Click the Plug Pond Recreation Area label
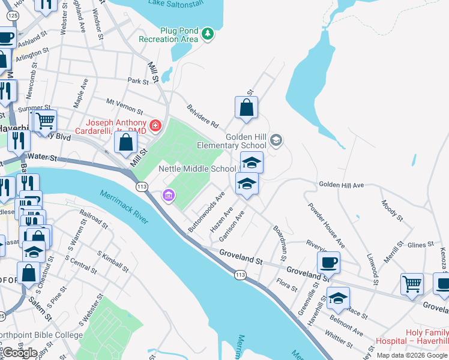(x=168, y=35)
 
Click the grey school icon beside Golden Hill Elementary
(x=276, y=141)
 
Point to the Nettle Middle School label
(x=197, y=169)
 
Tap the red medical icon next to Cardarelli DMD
(x=155, y=125)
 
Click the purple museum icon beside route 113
(x=169, y=196)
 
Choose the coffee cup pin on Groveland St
(x=328, y=262)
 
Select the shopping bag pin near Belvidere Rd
(x=246, y=108)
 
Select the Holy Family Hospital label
(x=411, y=337)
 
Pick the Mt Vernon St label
(x=124, y=107)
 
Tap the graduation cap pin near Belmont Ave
(x=339, y=298)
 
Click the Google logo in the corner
(x=19, y=353)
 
